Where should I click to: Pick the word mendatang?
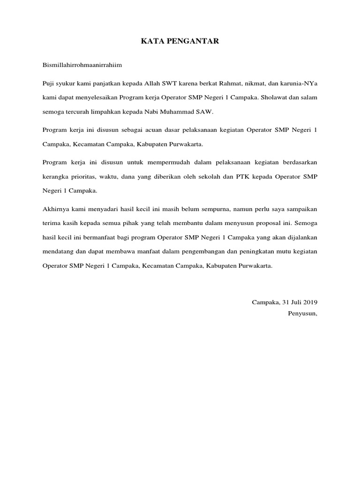pos(56,251)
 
